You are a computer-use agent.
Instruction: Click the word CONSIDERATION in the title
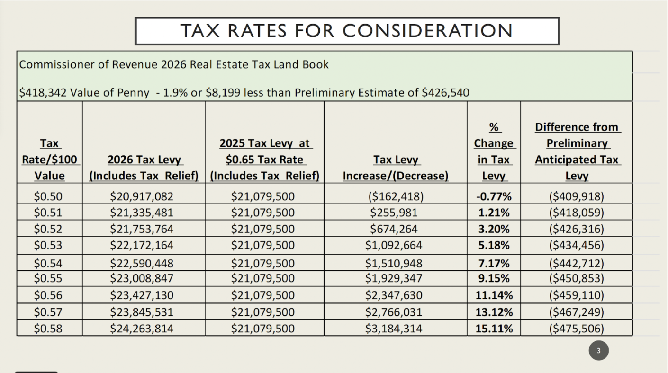tap(427, 31)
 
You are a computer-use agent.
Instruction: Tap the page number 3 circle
tap(598, 350)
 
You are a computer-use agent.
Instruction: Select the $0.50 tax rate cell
tap(48, 196)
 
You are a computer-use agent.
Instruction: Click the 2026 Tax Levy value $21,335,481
tap(142, 213)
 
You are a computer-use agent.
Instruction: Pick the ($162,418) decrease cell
tap(396, 196)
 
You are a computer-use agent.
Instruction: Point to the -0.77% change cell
tap(494, 196)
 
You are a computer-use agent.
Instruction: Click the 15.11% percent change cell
tap(494, 329)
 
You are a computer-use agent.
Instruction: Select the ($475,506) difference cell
tap(577, 329)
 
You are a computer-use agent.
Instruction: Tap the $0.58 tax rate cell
tap(48, 329)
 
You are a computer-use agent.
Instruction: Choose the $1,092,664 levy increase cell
tap(394, 245)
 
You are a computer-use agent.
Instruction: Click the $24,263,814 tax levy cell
tap(142, 329)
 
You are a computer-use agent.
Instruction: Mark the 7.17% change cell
tap(494, 263)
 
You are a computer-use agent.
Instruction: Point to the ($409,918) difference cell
tap(577, 196)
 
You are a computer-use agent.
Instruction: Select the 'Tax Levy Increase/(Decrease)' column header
tap(396, 168)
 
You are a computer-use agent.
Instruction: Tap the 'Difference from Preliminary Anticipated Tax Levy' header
tap(578, 151)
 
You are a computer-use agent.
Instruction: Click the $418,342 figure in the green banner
tap(43, 93)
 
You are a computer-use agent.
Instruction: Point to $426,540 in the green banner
tap(445, 93)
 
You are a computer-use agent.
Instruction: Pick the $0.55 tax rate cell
tap(48, 278)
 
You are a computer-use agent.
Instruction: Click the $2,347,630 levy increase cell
tap(394, 295)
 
